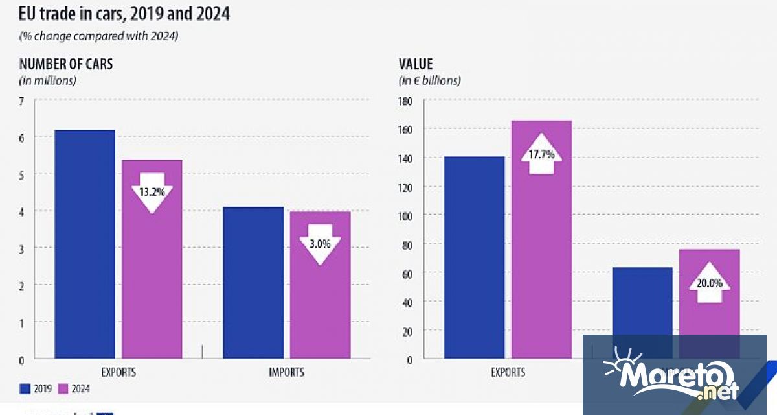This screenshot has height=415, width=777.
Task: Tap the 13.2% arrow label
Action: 152,193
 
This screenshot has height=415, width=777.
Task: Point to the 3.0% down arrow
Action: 316,244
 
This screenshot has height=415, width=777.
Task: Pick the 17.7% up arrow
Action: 542,154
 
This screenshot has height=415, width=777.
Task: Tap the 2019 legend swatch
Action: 25,388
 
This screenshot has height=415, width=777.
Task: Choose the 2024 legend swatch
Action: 63,388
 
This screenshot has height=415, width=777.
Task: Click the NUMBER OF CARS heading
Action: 66,64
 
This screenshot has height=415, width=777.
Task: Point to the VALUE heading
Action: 415,64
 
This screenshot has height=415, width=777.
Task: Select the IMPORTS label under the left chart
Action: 286,372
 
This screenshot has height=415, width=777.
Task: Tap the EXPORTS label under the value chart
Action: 508,372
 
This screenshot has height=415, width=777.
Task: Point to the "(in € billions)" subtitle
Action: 429,81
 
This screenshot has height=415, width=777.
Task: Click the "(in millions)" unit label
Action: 48,81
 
